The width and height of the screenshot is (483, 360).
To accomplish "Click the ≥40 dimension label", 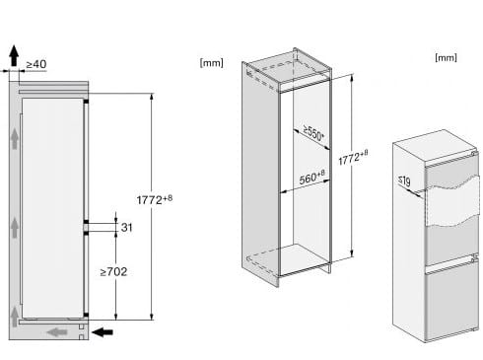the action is (x=36, y=64).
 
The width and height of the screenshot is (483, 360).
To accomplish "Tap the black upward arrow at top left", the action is (x=14, y=55).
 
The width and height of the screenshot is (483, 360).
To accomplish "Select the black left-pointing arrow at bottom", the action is (x=103, y=332).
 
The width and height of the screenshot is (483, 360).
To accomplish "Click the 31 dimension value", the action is (x=126, y=227).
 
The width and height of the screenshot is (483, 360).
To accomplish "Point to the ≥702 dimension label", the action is (x=113, y=271).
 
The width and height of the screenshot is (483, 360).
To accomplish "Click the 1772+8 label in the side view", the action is (x=154, y=199).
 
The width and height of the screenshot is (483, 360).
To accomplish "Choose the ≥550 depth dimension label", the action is (x=314, y=133).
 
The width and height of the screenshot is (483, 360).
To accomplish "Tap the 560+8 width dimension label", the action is (x=311, y=178).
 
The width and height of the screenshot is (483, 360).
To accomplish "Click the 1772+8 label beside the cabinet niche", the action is (x=353, y=158).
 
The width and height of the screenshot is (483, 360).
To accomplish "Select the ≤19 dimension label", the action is (x=404, y=181).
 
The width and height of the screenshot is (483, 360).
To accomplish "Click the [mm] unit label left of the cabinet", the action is (x=212, y=62).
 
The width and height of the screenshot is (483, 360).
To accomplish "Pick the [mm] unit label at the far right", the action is (x=446, y=57).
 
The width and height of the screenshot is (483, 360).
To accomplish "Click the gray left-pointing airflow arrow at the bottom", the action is (x=57, y=332).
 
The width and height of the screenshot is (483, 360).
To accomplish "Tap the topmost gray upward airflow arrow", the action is (x=15, y=139).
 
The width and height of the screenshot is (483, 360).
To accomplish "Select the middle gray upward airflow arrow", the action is (x=15, y=228).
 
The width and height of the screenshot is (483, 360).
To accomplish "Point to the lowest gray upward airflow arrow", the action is (x=15, y=317).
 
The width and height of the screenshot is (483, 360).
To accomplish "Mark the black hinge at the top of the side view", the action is (x=86, y=102).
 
